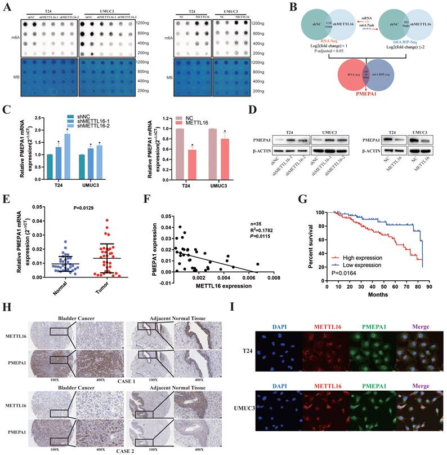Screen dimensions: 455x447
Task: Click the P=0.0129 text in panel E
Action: click(70, 210)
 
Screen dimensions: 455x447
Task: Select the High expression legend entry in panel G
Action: click(357, 257)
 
